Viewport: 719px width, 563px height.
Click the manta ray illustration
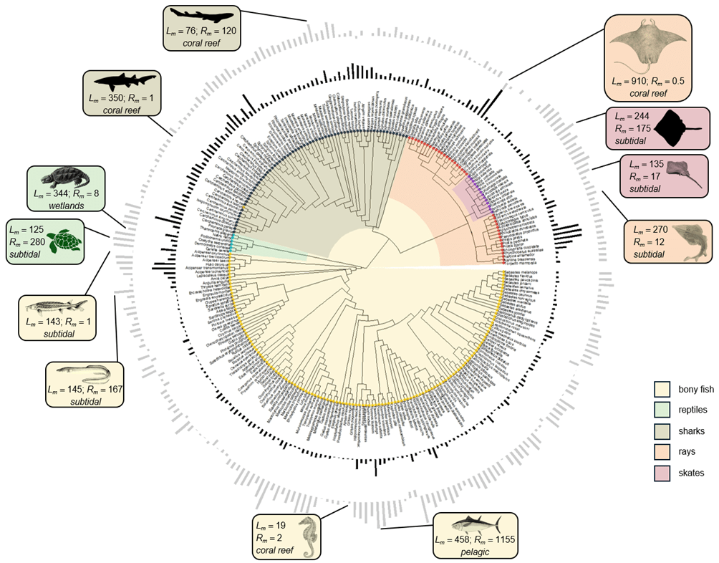click(648, 47)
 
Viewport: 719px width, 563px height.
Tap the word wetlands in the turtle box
click(66, 206)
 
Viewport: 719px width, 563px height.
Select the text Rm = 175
click(630, 130)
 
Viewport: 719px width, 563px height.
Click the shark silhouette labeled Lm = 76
click(203, 15)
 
